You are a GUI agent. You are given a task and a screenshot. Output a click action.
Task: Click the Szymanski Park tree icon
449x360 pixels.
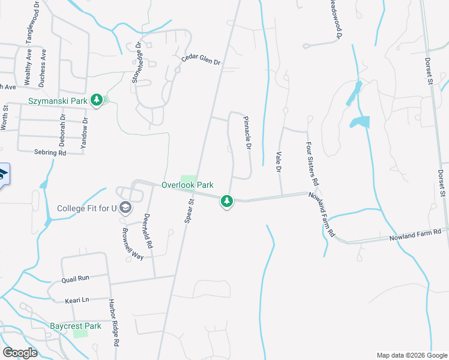[x=97, y=101]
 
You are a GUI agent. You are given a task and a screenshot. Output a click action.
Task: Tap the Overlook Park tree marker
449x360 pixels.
[x=226, y=201]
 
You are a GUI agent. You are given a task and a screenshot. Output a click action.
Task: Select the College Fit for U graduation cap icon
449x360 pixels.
[x=125, y=208]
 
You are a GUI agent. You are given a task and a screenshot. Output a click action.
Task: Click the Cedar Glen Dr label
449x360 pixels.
[x=201, y=62]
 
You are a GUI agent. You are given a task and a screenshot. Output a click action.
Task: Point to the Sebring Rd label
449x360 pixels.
[x=50, y=153]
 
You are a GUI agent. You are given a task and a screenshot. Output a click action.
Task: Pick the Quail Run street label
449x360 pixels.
[x=75, y=279]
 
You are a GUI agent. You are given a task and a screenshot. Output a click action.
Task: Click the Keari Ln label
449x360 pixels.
[x=77, y=299]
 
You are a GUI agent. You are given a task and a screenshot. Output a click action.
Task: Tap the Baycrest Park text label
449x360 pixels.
[x=75, y=326]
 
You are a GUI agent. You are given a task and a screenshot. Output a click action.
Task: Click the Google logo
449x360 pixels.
[x=20, y=353]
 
